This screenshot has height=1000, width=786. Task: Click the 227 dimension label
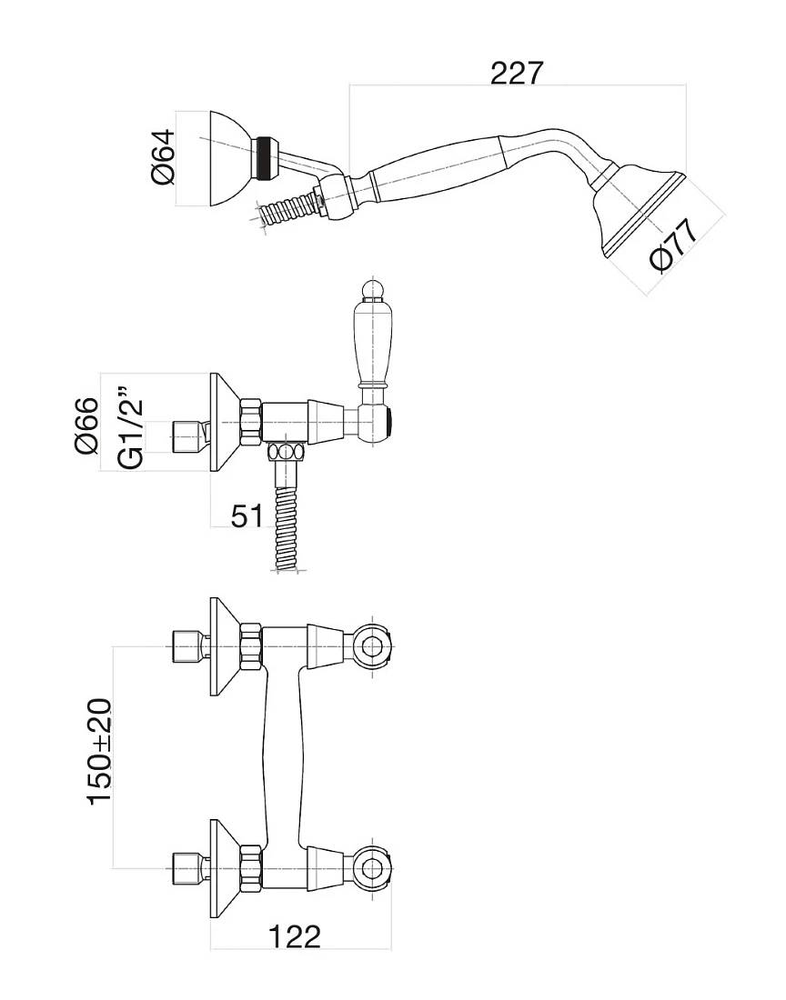(x=517, y=74)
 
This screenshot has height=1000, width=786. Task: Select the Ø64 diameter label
(x=163, y=157)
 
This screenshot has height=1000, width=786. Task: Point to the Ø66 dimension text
(x=86, y=425)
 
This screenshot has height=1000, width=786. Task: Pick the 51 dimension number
(x=247, y=515)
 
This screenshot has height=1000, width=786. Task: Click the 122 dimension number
(x=295, y=937)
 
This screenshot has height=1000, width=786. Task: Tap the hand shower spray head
(x=639, y=211)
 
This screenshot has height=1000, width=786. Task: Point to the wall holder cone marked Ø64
(x=229, y=159)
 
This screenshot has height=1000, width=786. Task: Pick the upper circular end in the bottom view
(x=372, y=646)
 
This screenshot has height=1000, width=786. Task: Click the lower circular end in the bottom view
(x=372, y=867)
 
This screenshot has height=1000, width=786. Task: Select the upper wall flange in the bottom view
(x=225, y=647)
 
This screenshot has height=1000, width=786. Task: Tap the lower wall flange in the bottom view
(x=225, y=868)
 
